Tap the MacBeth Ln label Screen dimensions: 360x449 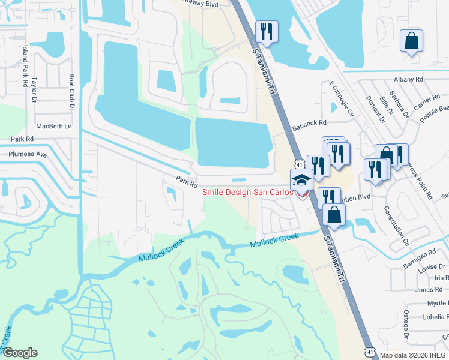point(53,126)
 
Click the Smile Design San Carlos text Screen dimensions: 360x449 point(247,192)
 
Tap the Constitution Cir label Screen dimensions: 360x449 point(397,227)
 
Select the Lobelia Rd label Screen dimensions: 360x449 point(433,317)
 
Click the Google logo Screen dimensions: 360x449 point(20,353)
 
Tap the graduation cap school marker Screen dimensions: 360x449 point(301,178)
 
